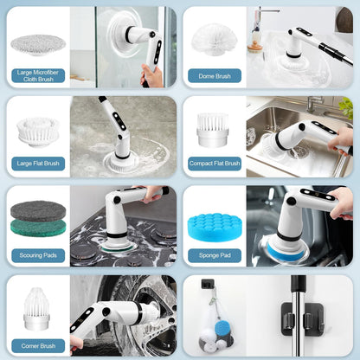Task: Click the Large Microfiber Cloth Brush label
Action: click(38, 75)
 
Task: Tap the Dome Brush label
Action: click(214, 75)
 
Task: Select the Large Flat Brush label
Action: click(38, 163)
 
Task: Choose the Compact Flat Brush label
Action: click(214, 163)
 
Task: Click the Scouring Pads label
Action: click(38, 255)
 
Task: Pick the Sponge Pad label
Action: click(214, 255)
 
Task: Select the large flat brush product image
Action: click(37, 131)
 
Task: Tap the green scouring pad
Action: click(38, 228)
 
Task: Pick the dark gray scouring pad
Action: click(38, 209)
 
